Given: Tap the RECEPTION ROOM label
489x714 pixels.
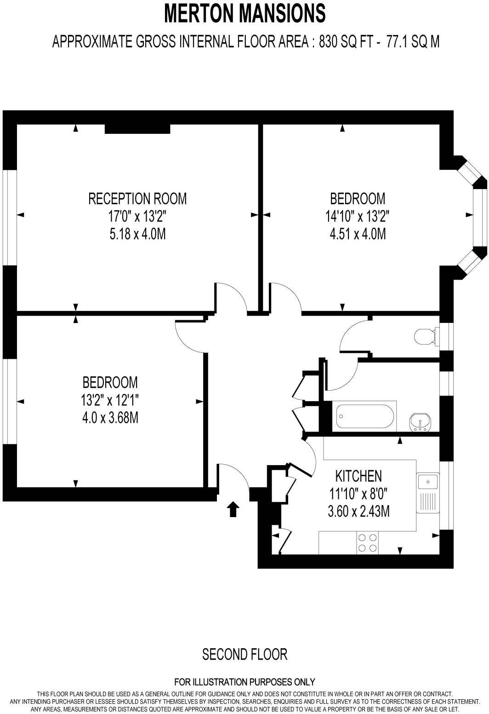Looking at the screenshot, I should click(137, 199).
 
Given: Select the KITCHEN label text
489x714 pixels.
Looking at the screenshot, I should click(358, 476).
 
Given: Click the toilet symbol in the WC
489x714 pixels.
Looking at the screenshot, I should click(424, 336).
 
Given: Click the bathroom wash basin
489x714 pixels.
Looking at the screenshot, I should click(420, 421).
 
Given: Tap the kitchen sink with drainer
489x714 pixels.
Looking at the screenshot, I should click(428, 492).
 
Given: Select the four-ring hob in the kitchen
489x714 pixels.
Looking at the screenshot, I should click(367, 542).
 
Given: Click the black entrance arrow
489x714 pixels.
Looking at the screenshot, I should click(233, 509).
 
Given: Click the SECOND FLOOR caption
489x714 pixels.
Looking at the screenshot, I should click(244, 654).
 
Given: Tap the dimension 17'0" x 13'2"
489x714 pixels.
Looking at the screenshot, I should click(137, 216).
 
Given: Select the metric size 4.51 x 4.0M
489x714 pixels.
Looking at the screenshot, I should click(357, 234).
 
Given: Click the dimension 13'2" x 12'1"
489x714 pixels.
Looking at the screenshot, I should click(110, 400).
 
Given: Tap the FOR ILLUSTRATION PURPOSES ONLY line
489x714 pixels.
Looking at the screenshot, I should click(244, 682).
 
